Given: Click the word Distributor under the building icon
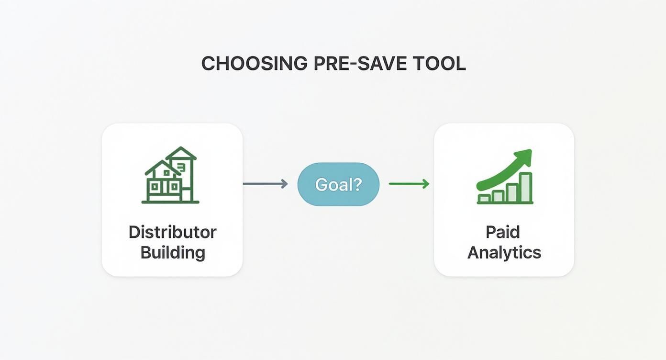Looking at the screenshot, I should [x=172, y=232].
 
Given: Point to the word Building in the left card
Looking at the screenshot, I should [x=172, y=252].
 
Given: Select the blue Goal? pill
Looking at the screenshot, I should [x=338, y=184].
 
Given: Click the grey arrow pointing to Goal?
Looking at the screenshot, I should [x=265, y=184].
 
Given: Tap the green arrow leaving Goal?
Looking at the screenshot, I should [x=409, y=184].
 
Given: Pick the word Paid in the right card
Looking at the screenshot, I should [x=503, y=232].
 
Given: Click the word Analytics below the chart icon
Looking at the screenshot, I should [x=504, y=252].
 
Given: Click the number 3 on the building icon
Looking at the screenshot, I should [x=181, y=166].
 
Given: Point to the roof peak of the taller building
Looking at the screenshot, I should [x=181, y=148].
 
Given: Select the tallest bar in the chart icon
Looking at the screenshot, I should [x=526, y=188].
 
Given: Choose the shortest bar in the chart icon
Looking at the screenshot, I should [x=484, y=198].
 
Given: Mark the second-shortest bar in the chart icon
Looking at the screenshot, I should [x=498, y=196].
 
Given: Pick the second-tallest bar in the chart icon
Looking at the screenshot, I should [x=512, y=193].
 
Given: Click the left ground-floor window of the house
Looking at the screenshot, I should [x=155, y=188].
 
